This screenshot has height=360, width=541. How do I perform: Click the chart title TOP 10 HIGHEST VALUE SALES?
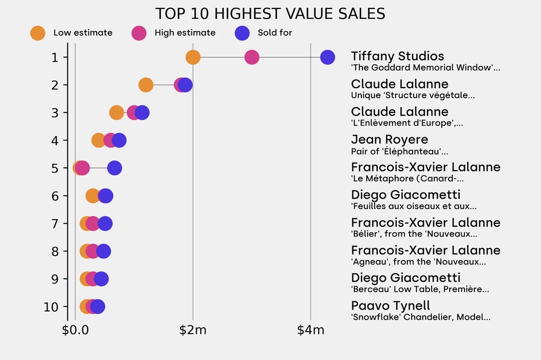[x=270, y=14]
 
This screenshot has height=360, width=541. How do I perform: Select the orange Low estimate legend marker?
[x=38, y=33]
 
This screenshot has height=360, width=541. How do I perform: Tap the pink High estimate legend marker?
[x=139, y=33]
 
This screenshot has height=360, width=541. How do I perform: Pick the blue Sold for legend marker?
[x=241, y=33]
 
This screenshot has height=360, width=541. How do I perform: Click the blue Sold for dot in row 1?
[x=328, y=57]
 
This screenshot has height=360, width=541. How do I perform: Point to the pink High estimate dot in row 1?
[x=252, y=57]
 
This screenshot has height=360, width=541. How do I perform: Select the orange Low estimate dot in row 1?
[x=193, y=57]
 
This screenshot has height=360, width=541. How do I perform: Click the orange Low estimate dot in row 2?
[x=146, y=85]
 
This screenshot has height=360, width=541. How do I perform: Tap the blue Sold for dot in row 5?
[x=115, y=168]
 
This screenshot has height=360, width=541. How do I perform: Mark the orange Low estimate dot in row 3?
[x=117, y=112]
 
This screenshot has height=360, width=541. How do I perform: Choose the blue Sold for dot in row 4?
[x=119, y=140]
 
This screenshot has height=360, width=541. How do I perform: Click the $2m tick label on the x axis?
[x=193, y=331]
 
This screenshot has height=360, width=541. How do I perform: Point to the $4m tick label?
[x=311, y=331]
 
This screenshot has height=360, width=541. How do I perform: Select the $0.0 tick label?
[x=75, y=331]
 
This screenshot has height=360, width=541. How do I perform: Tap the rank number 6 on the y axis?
[x=55, y=196]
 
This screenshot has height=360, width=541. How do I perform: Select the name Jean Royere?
[x=389, y=140]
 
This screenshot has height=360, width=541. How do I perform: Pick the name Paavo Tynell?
[x=390, y=306]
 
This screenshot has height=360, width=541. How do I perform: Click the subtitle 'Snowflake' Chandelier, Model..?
[x=421, y=317]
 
